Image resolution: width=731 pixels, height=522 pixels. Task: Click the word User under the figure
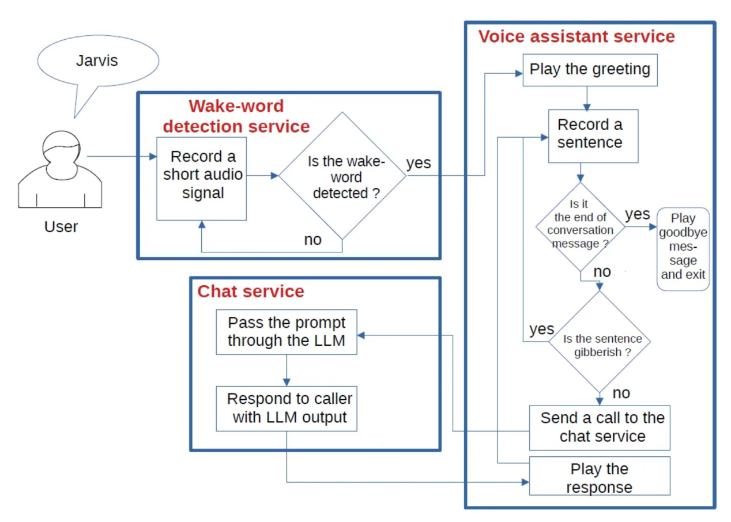click(x=61, y=227)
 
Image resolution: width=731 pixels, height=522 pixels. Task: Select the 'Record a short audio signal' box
click(x=202, y=179)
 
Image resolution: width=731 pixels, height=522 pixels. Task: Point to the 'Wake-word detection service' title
click(x=236, y=116)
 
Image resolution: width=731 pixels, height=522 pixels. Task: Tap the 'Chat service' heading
click(x=251, y=291)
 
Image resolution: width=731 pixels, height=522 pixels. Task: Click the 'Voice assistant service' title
click(x=576, y=36)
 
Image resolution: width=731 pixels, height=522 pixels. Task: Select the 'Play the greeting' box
click(x=590, y=70)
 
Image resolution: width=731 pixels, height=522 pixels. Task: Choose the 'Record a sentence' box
click(x=593, y=137)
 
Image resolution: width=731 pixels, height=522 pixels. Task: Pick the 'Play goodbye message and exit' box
click(x=683, y=249)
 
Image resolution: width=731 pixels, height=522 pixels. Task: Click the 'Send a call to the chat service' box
click(x=600, y=428)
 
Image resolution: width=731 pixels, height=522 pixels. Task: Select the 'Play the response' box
click(x=600, y=476)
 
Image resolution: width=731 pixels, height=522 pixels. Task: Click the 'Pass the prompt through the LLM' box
click(x=287, y=332)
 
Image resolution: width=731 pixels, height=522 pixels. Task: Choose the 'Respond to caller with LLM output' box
click(x=287, y=408)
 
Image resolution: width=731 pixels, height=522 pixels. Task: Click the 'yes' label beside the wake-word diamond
click(x=419, y=163)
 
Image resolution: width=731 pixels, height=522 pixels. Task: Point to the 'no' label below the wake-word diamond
click(x=312, y=240)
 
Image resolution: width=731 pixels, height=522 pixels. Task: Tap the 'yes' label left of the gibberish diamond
click(x=542, y=330)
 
